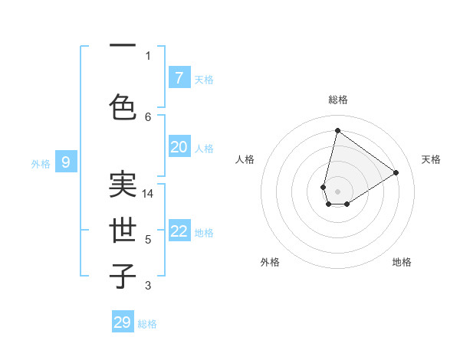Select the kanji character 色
[123, 107]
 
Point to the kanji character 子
[123, 276]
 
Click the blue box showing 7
[179, 78]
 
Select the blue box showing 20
[179, 147]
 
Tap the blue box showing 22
[179, 231]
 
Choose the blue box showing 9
[66, 162]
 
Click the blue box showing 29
[123, 322]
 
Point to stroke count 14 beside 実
[149, 194]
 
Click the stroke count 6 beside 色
[148, 116]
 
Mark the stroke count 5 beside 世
[148, 240]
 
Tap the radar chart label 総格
[337, 100]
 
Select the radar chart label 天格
[431, 159]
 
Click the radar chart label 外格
[270, 262]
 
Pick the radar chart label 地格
[402, 262]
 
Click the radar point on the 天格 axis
[396, 172]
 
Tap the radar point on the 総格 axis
[337, 130]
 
